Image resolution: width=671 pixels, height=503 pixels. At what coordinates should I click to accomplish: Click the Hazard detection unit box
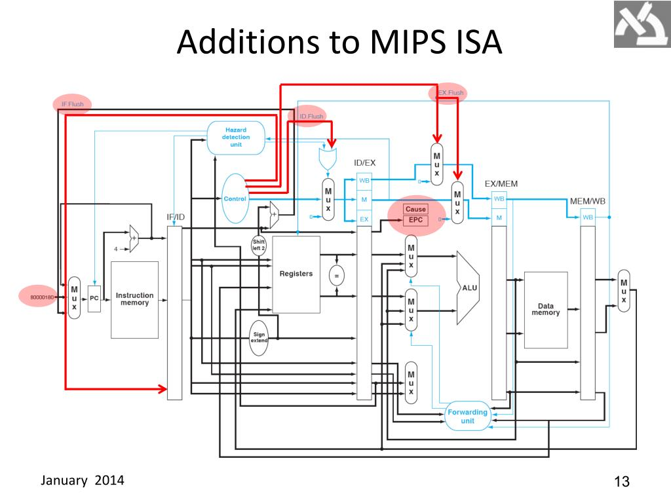236,138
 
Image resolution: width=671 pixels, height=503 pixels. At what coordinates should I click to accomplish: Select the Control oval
235,198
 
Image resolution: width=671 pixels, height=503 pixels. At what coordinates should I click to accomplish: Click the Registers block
296,274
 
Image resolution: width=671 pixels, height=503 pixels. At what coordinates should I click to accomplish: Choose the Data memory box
545,310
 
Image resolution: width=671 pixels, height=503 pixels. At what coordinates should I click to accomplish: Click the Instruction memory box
134,299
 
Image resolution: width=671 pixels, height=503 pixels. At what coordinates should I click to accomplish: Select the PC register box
94,299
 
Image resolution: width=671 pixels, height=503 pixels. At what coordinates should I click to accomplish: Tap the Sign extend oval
259,338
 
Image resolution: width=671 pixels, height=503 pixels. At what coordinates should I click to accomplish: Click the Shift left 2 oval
259,245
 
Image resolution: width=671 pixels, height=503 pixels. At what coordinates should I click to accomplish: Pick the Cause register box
415,209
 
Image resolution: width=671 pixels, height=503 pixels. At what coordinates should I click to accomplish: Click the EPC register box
415,220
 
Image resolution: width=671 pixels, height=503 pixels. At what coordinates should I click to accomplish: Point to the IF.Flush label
72,104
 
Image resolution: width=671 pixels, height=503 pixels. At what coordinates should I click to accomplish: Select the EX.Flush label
450,93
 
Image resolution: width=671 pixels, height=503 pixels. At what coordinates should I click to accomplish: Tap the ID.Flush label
311,117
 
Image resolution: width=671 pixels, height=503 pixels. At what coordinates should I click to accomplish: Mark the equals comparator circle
337,276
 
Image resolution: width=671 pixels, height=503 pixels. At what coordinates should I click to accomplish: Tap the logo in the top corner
642,24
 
